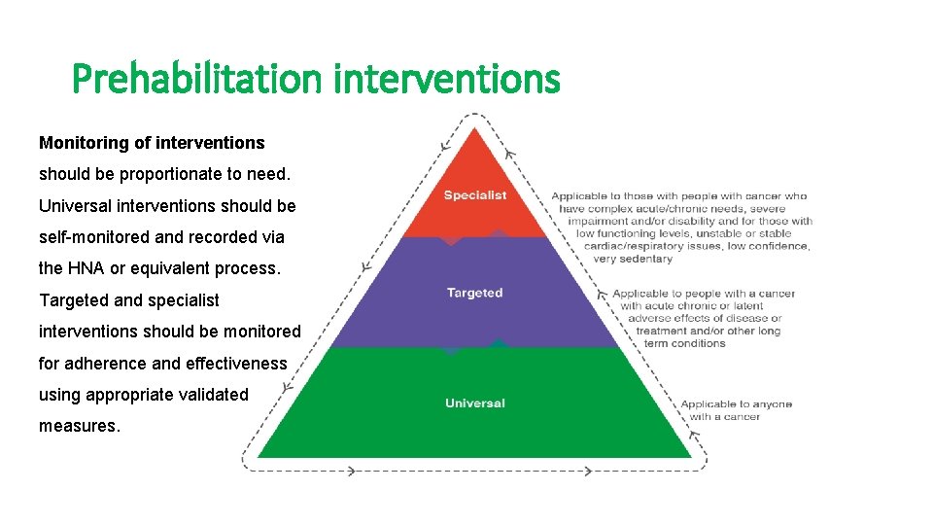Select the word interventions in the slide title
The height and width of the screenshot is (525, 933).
point(446,79)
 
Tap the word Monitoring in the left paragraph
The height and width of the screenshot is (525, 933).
point(83,143)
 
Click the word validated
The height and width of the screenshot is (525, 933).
point(213,395)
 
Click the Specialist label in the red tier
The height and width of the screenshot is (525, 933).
point(475,195)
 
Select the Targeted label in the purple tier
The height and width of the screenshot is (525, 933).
point(474,293)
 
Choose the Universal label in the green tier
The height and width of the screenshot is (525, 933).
point(474,403)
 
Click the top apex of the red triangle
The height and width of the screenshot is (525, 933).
point(474,130)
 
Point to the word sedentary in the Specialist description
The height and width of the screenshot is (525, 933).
point(645,259)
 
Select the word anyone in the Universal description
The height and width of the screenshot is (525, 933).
point(772,404)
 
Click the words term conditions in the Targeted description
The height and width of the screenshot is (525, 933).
point(684,343)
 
